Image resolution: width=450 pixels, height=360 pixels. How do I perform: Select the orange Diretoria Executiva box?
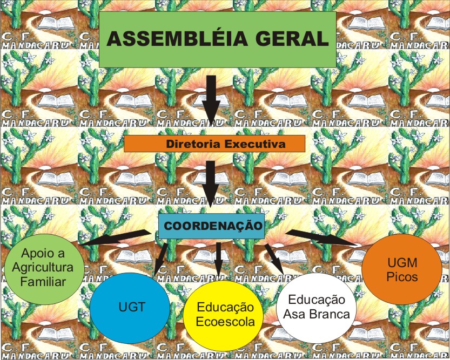point(215,144)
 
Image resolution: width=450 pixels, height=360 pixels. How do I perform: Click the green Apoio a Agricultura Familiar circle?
point(43,267)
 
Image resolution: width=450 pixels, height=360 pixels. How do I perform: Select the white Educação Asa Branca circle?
point(315,307)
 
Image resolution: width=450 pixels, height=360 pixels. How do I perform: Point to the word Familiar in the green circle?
point(43,281)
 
